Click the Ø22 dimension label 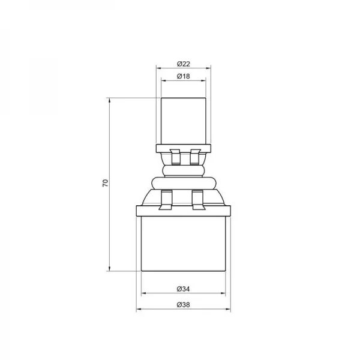pos(184,63)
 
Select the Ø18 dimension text pos(184,76)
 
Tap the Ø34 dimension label pos(184,289)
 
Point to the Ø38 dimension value pos(184,305)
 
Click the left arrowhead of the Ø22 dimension pos(158,68)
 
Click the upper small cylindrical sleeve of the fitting pos(184,120)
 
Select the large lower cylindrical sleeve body pos(184,243)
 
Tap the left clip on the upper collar pos(175,157)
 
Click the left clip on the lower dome pos(166,199)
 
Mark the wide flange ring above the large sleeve pos(184,210)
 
